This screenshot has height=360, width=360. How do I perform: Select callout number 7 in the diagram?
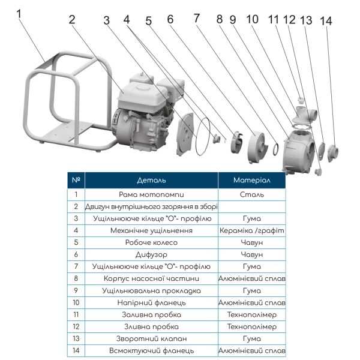click(x=196, y=18)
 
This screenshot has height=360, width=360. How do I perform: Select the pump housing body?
click(x=300, y=150)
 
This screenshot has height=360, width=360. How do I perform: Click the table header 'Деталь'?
click(x=151, y=180)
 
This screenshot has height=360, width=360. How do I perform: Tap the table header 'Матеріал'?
click(x=251, y=180)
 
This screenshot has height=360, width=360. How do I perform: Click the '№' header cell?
click(x=76, y=180)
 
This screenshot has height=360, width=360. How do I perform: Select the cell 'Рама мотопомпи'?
click(x=151, y=194)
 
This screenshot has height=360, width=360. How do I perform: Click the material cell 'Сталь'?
click(x=251, y=194)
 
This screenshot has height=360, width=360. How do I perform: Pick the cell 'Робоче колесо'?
click(x=151, y=242)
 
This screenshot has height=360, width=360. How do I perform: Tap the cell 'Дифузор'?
click(x=151, y=254)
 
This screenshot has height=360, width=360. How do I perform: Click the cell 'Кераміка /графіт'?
click(x=251, y=230)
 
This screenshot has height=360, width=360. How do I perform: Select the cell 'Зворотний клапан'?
click(x=151, y=338)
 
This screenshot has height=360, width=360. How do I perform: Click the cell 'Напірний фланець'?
click(x=151, y=302)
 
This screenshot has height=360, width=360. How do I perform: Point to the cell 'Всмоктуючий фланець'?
click(x=151, y=350)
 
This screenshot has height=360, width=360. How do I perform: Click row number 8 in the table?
click(x=76, y=278)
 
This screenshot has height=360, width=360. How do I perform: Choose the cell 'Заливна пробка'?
click(x=151, y=314)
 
